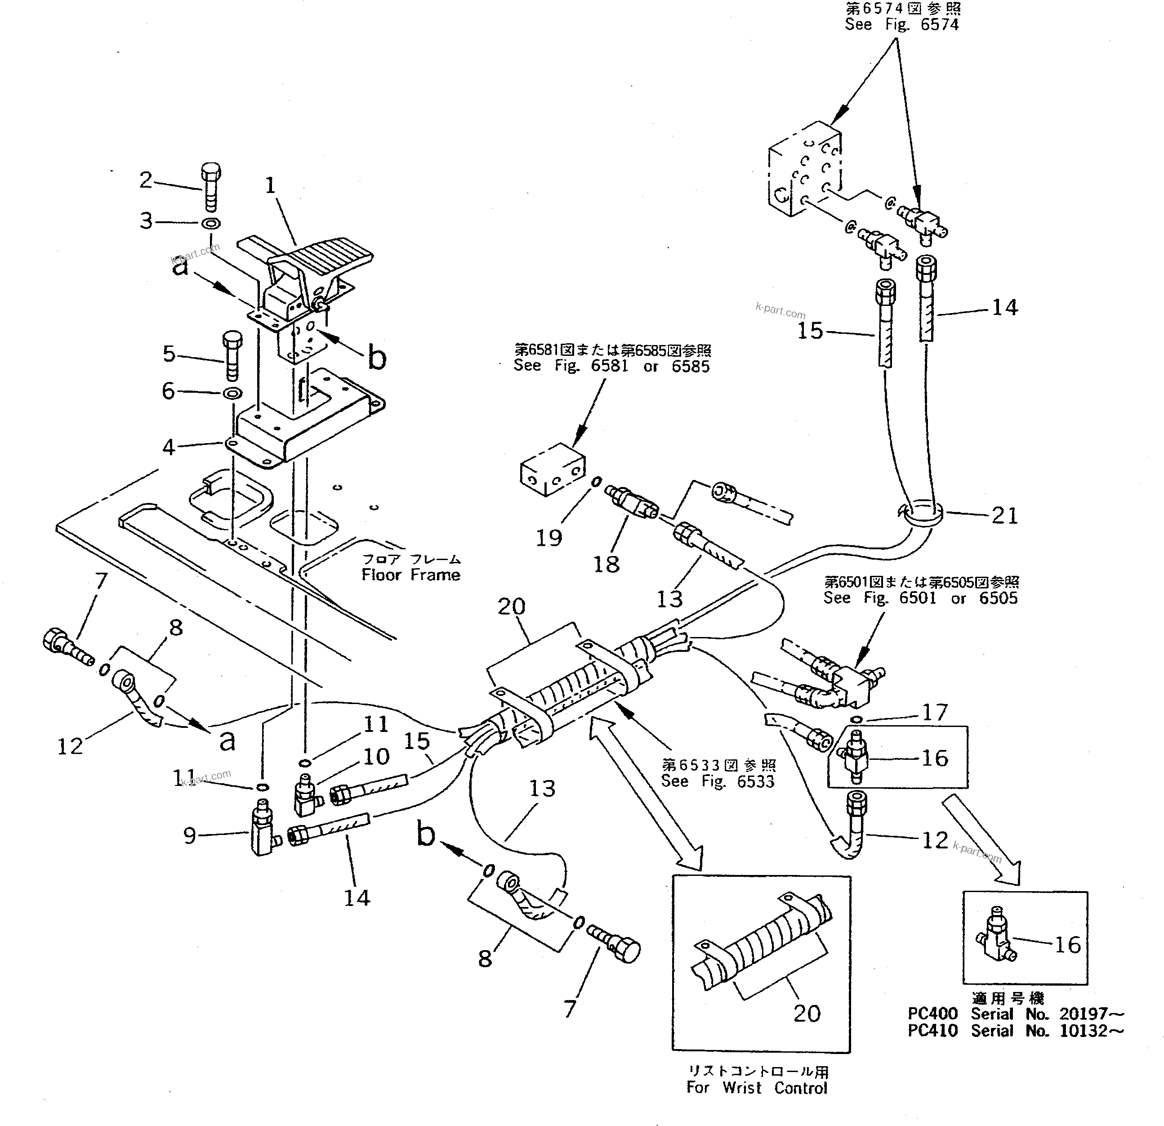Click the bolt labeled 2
[x=211, y=185]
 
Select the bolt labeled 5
[x=232, y=355]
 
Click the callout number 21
[x=1004, y=516]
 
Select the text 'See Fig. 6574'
[x=901, y=25]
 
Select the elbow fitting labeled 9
[x=262, y=831]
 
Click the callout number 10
[x=375, y=756]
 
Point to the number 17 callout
[x=934, y=711]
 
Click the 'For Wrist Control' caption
[x=757, y=1087]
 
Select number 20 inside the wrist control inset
[x=807, y=1013]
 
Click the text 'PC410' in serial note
[x=932, y=1031]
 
